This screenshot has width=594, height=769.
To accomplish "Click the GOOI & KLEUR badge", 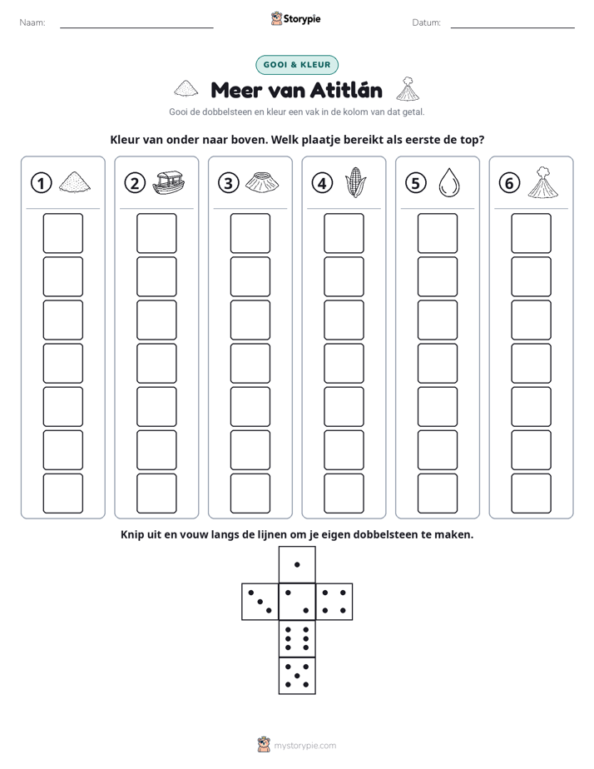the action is coord(297,65).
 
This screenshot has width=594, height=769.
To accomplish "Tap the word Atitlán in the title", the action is coord(346,90).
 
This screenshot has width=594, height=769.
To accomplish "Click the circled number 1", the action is coord(41,183).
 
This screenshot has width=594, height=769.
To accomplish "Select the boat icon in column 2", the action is coord(169,182).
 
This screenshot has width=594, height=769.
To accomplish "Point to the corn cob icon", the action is coord(355,182).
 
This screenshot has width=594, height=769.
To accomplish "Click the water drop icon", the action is coord(449,183).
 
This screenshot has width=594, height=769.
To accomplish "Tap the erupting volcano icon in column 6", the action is coord(543,182).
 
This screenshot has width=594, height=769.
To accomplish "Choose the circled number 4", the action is coord(322,183).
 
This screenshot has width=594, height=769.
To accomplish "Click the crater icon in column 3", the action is coord(262,182).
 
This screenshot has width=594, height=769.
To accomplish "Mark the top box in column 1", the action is coord(63,233).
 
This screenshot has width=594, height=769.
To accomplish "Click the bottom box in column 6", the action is coord(532,494).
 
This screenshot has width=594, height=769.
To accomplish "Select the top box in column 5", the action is coord(438,233).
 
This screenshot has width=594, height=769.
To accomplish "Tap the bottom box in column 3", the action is coord(250,494).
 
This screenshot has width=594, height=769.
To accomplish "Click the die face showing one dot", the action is coord(297,564).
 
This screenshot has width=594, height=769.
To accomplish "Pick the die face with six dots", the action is coord(297,638).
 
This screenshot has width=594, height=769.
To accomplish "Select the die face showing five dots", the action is coord(297,676).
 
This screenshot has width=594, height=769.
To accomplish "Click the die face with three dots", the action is coord(260,602).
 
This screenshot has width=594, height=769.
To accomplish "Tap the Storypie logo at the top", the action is coord(295,19).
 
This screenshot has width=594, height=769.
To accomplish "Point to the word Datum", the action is coord(427,22).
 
